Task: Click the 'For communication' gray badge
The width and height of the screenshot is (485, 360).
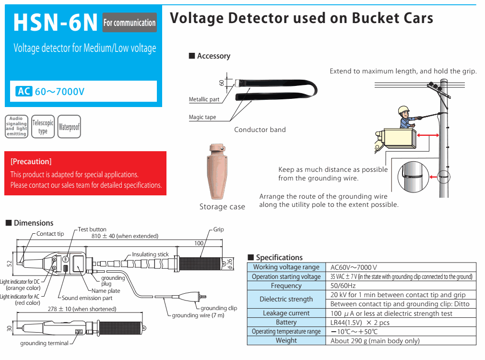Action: pos(130,23)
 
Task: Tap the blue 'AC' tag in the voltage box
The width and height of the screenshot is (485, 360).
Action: pos(24,91)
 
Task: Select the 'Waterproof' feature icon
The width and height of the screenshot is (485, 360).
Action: pos(69,127)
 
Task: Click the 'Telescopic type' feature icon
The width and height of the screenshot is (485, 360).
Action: pos(43,127)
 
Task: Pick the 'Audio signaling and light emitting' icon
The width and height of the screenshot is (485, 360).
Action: pos(16,127)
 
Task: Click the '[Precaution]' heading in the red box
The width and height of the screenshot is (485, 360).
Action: pos(31,162)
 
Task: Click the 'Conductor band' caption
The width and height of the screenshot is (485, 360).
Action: pos(260,130)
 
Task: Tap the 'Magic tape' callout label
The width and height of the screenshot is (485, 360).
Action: pos(202,117)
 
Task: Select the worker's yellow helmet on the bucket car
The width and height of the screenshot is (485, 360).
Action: pos(404,110)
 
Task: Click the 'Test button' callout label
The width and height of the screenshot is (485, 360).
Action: pos(92,229)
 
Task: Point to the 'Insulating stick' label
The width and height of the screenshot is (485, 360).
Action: pos(151,254)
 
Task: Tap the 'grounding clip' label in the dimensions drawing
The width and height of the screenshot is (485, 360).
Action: pos(219,308)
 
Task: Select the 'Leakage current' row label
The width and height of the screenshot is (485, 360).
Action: pos(286,313)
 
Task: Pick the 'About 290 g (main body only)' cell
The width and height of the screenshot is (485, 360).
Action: pos(375,341)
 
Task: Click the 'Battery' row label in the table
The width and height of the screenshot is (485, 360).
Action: pos(286,323)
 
